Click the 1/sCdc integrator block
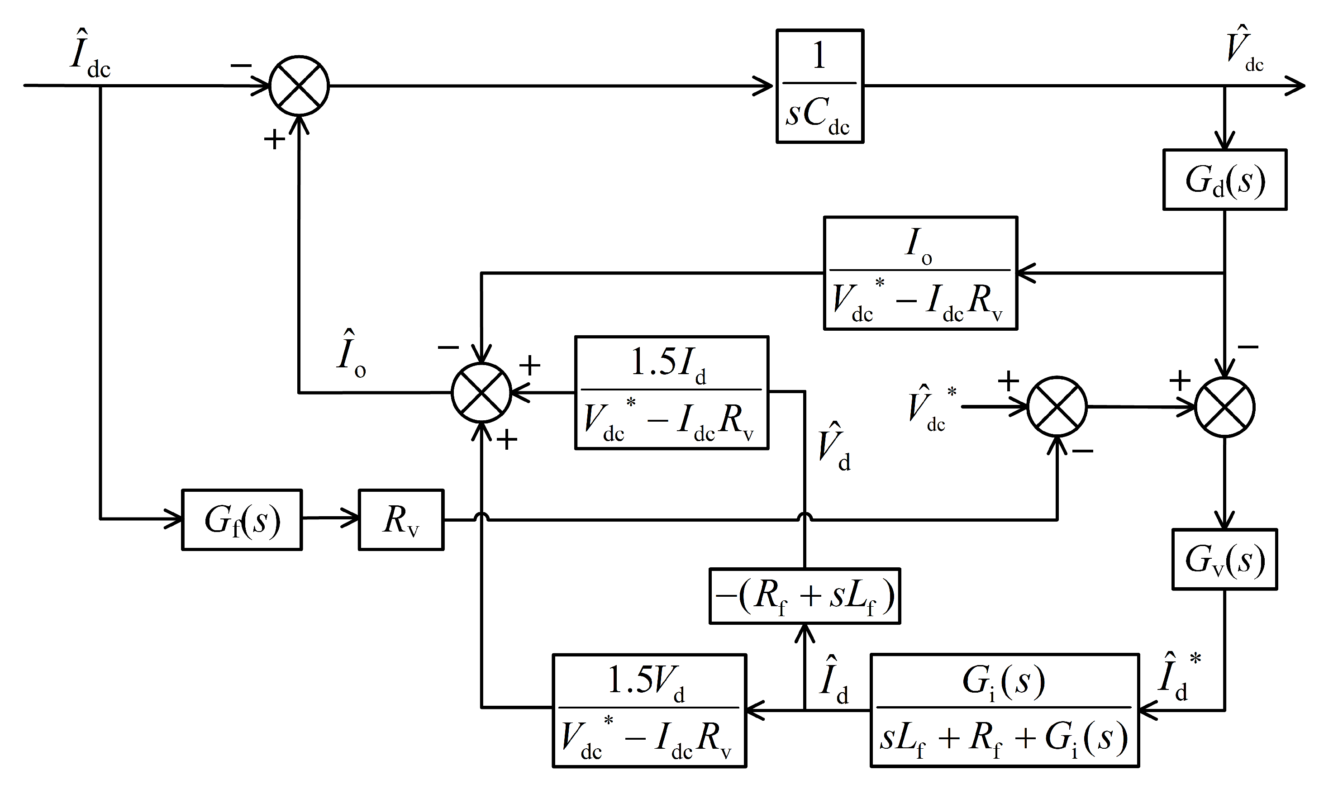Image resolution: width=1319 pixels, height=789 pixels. [819, 86]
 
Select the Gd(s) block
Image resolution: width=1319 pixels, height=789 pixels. [1224, 180]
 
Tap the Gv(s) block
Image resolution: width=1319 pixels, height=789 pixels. [1224, 559]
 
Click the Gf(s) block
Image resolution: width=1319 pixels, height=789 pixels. [242, 519]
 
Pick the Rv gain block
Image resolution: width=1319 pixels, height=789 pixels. [401, 519]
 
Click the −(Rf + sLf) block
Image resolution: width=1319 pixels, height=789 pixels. [805, 595]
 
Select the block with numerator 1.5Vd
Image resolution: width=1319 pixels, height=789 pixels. [649, 710]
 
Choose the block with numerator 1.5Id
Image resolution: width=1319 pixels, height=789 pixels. [671, 392]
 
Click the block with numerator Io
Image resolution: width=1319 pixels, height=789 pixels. [920, 273]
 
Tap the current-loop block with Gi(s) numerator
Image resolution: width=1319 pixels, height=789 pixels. [1004, 710]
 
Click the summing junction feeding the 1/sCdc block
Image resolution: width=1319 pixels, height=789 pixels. [299, 86]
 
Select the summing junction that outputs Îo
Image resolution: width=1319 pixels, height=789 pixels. [481, 393]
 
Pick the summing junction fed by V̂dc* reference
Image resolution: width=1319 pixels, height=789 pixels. [1057, 407]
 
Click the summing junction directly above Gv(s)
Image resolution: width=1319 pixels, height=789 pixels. [1225, 407]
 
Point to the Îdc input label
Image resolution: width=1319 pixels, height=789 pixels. [89, 55]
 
